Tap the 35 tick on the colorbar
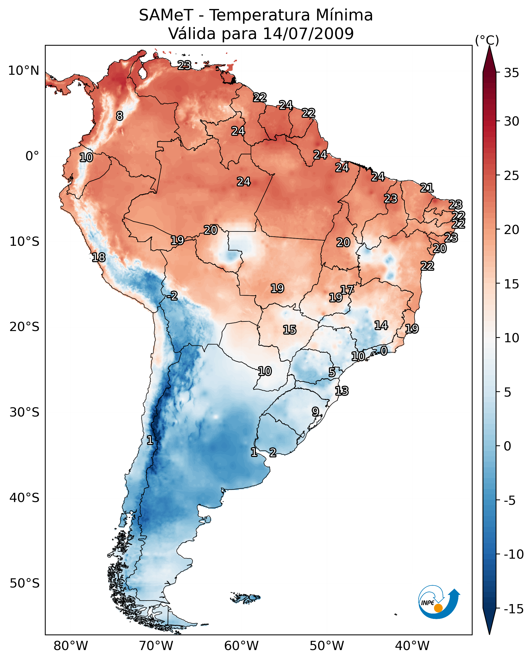point(511,73)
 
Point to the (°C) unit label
point(487,40)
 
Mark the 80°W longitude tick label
point(71,646)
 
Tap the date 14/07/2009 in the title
point(308,33)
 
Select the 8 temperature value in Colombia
point(120,116)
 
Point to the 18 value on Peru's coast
point(99,257)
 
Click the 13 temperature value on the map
point(342,391)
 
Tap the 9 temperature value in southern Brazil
point(315,412)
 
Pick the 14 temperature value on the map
point(381,325)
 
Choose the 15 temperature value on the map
point(290,330)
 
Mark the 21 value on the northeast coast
point(427,188)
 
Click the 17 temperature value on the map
point(347,289)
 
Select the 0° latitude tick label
point(32,156)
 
